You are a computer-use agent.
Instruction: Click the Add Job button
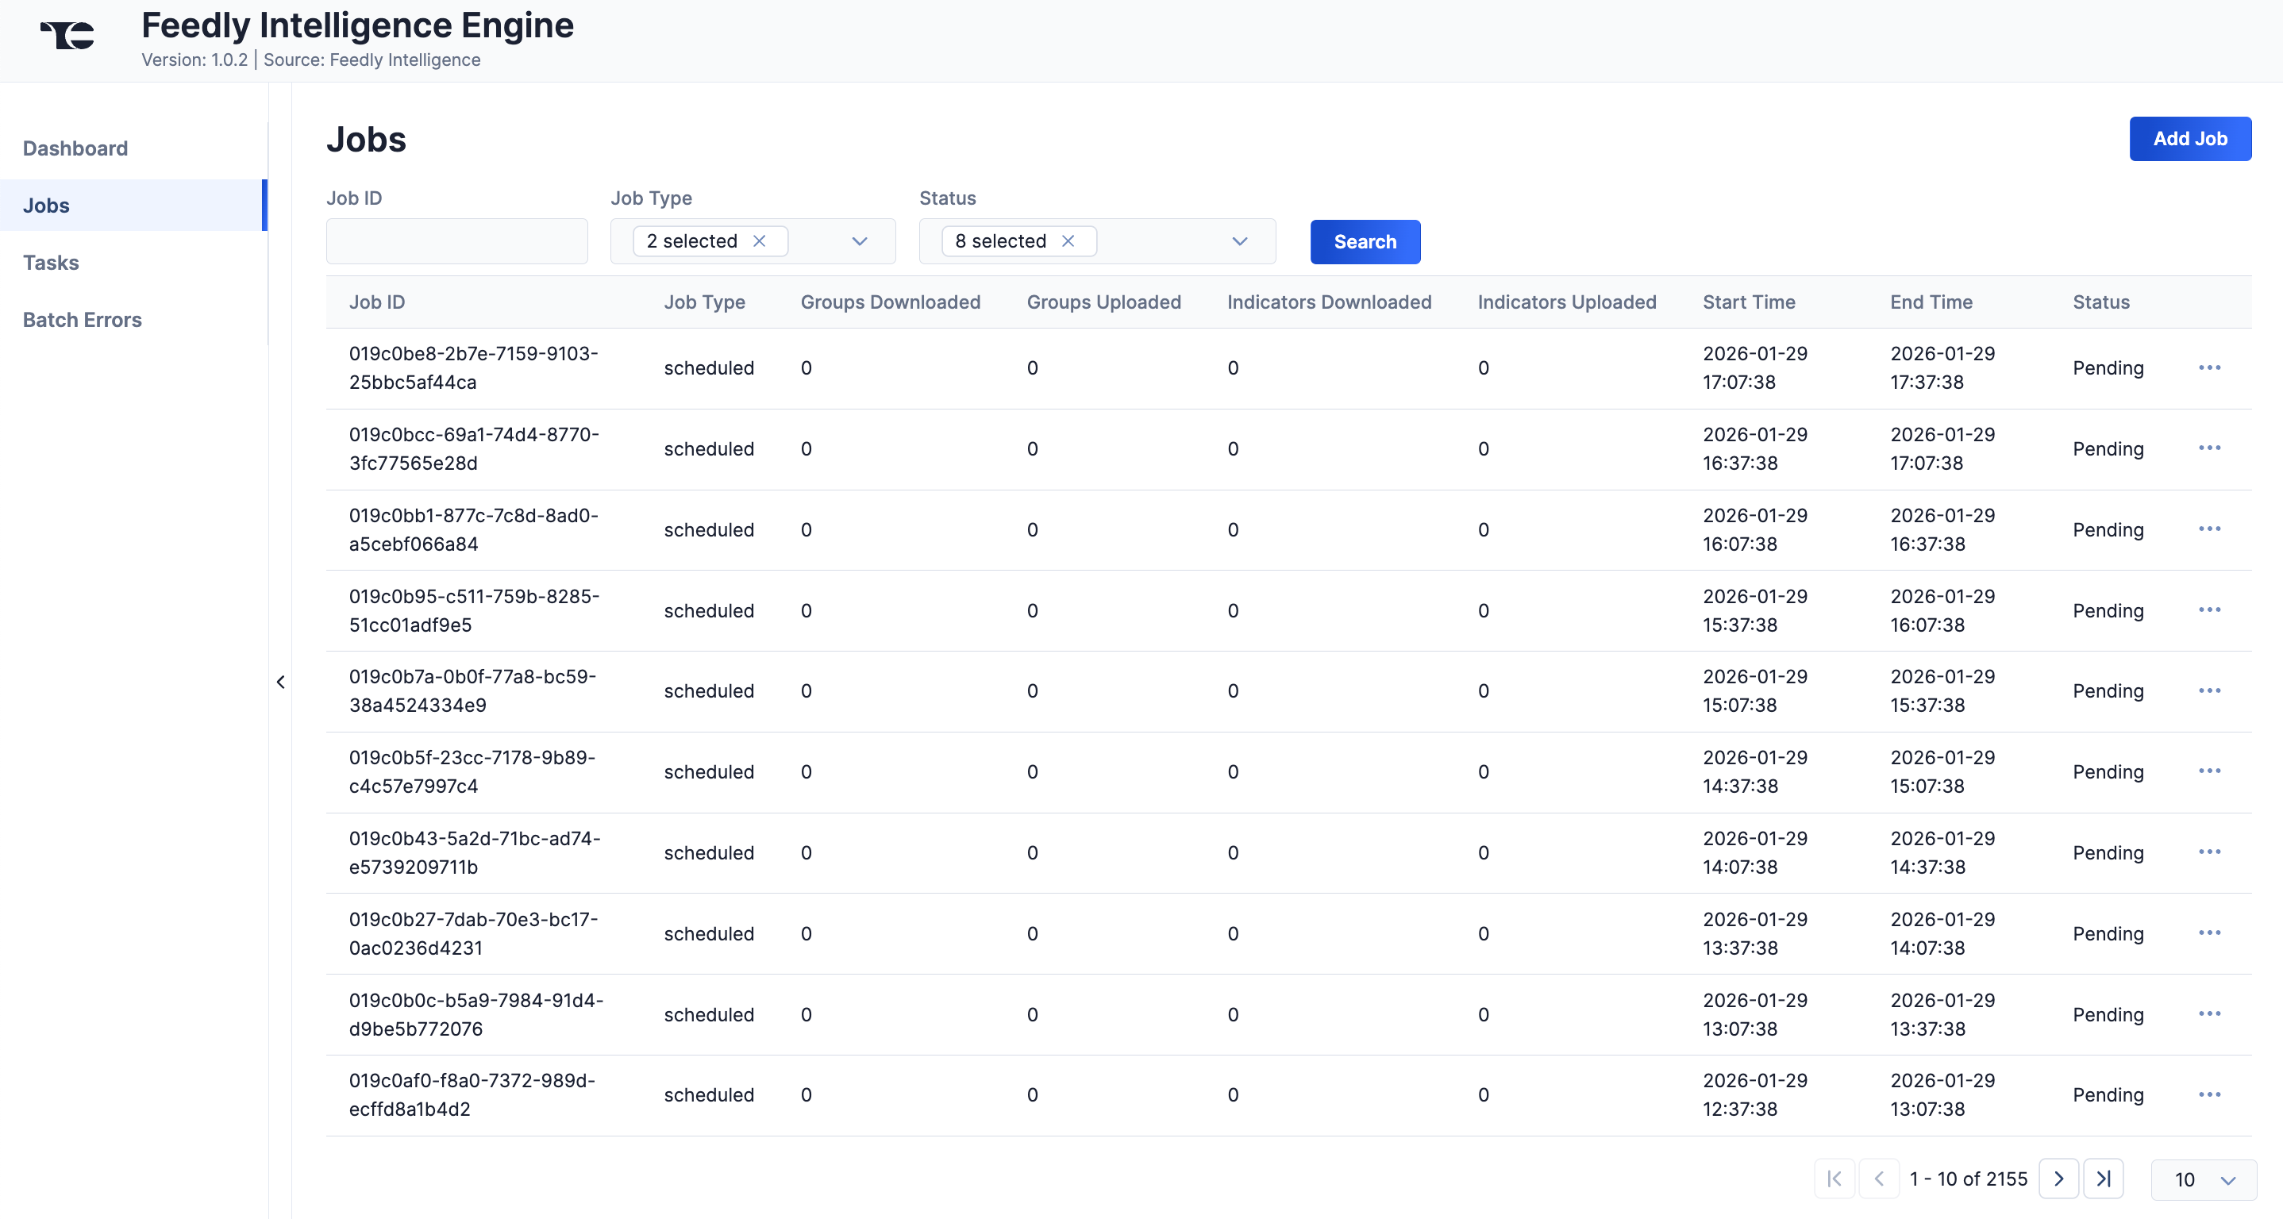click(2189, 139)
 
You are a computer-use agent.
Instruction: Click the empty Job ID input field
click(456, 241)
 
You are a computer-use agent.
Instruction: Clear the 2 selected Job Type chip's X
click(760, 241)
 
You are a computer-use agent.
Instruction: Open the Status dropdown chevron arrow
click(1239, 241)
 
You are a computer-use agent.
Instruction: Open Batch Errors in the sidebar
click(83, 320)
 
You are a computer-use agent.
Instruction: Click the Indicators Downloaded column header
click(1329, 302)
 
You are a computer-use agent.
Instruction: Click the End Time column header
click(1931, 302)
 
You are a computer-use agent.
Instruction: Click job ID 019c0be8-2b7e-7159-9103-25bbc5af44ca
click(473, 367)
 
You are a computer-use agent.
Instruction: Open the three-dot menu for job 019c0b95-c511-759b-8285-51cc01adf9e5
click(2208, 609)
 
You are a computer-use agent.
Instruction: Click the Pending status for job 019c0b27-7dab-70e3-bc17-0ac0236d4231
click(2107, 934)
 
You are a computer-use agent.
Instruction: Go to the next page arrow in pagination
click(2058, 1179)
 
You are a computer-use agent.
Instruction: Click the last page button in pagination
click(2102, 1179)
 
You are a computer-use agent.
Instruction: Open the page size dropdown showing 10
click(2204, 1180)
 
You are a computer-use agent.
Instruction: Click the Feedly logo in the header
click(67, 36)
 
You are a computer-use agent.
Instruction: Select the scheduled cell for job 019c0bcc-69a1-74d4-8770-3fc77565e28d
click(708, 449)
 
